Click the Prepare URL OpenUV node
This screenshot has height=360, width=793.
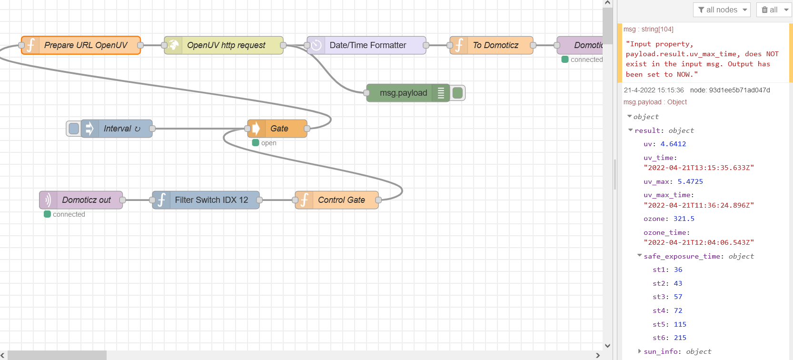86,45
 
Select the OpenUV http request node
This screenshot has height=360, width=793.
226,45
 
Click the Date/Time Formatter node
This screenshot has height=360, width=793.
367,45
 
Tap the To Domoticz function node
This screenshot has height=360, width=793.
495,45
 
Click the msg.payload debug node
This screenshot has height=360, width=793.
403,93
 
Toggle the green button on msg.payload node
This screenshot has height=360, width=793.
458,93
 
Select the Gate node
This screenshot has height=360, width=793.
279,129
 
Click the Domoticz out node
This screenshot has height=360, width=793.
86,200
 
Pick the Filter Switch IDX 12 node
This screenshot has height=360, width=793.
211,200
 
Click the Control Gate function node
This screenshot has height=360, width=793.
341,200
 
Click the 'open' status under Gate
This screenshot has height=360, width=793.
268,143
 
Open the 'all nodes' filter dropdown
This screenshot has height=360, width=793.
721,10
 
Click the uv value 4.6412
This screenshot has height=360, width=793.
673,144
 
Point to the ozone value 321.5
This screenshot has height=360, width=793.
684,219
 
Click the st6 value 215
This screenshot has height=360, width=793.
680,338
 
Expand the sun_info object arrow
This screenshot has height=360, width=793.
639,351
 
